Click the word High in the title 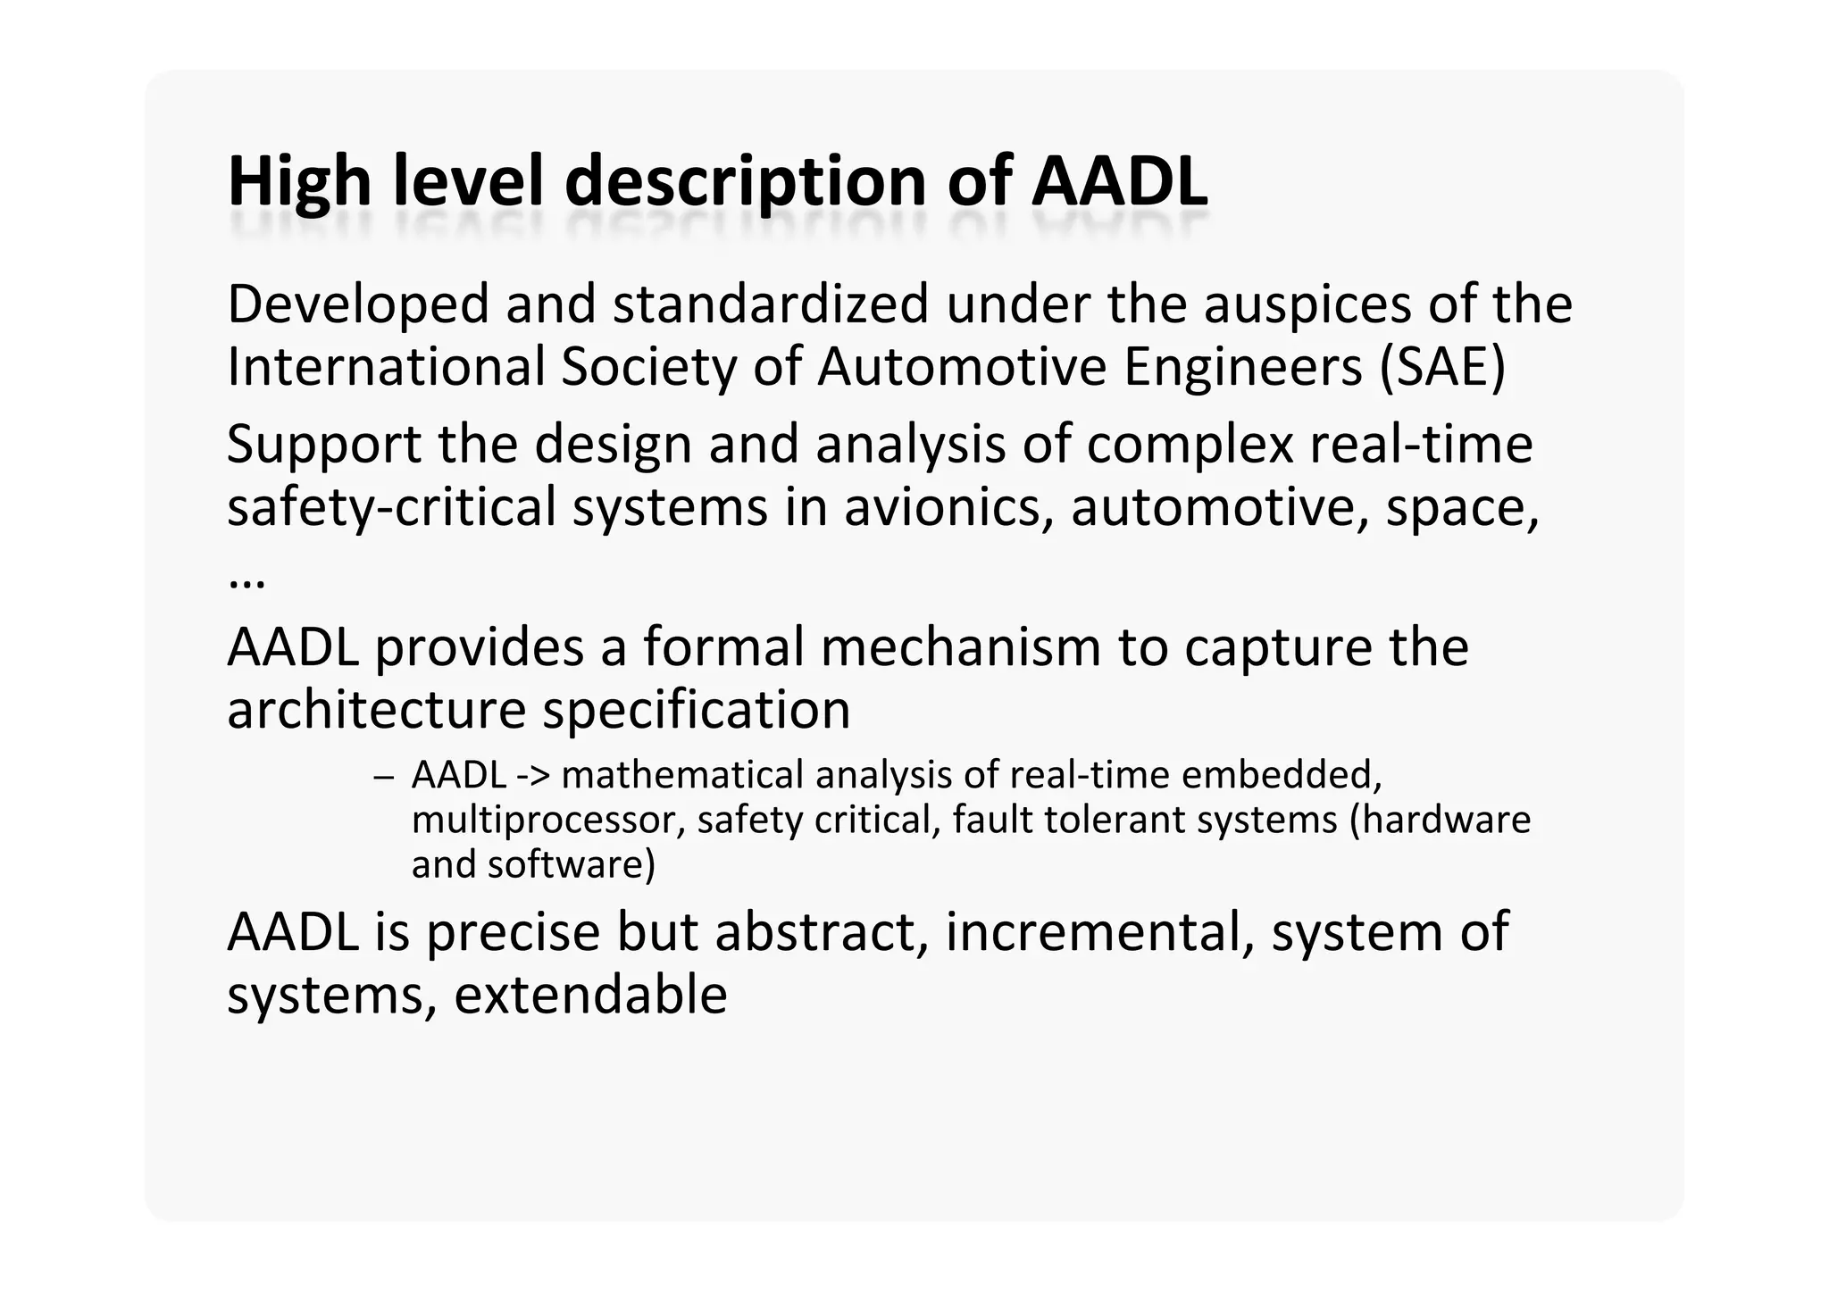point(299,182)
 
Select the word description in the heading point(746,182)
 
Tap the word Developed point(358,304)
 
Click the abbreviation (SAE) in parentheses point(1442,367)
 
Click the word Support point(323,444)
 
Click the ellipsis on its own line point(246,581)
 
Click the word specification point(697,710)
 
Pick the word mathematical point(683,775)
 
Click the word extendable point(590,995)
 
